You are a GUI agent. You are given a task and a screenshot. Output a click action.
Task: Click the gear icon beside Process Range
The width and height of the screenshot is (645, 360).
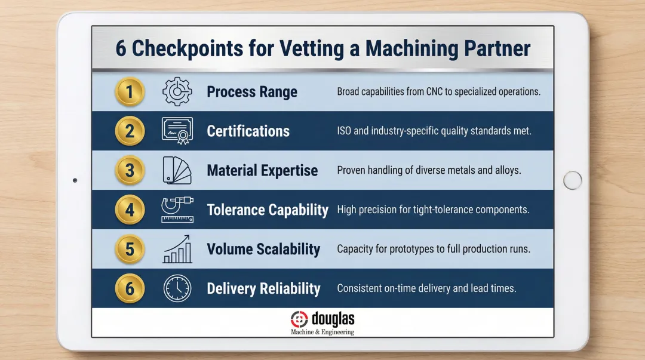[x=177, y=93]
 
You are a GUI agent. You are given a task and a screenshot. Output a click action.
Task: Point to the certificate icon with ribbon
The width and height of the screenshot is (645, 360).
[x=177, y=131]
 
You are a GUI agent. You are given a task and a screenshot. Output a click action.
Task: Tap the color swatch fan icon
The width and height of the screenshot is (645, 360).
[x=177, y=171]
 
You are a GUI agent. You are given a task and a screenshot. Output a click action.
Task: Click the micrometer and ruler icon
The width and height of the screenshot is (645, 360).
[x=177, y=210]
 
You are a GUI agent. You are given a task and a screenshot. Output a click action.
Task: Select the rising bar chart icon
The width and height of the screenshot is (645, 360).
[x=177, y=250]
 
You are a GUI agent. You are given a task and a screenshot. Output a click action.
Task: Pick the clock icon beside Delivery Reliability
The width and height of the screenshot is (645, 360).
[x=177, y=288]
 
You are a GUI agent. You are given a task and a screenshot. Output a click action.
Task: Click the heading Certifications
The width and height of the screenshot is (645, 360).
[x=248, y=131]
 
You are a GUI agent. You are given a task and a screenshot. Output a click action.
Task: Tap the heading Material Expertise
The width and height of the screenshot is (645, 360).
[x=262, y=171]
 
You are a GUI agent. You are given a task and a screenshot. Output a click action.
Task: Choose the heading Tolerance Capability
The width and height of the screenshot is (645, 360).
[x=268, y=210]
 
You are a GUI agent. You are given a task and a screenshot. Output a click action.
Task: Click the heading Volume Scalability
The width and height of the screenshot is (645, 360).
[x=263, y=250]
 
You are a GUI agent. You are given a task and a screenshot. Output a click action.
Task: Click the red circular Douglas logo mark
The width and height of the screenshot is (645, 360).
[x=299, y=319]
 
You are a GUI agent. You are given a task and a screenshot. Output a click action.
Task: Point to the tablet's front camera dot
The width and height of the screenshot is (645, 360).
[x=75, y=180]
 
